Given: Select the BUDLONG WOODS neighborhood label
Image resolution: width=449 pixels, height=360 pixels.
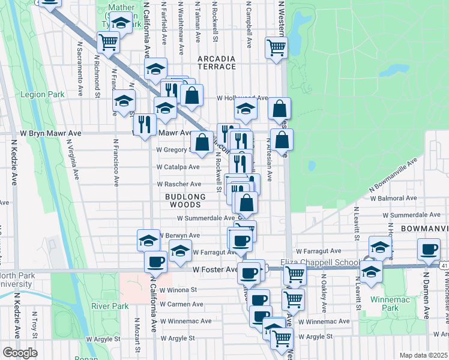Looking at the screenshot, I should point(186,200).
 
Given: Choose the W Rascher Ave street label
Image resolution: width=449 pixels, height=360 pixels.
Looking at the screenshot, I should point(179,184).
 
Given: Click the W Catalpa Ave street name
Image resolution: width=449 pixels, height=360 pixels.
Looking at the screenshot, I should point(178,167).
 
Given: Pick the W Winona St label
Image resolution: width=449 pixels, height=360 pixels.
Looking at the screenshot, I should point(176,289).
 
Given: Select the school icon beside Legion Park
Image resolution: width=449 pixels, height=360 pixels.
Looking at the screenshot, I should point(124,101).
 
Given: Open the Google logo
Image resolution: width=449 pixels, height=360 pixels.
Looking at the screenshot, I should point(19,353).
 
